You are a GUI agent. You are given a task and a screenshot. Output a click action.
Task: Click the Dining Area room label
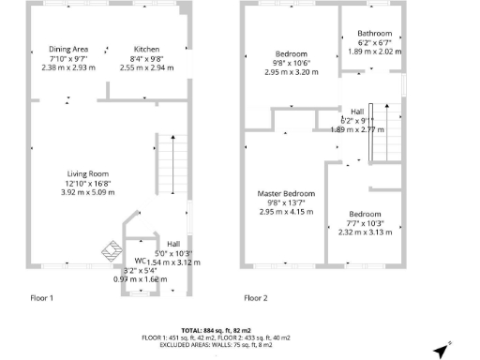pos(68,49)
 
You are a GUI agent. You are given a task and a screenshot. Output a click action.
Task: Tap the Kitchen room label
pos(146,49)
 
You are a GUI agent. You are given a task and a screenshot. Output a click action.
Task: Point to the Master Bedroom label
pos(286,194)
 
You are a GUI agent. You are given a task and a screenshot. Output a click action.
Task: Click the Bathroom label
pos(374,34)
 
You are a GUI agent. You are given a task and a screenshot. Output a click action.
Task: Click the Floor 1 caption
pos(39,298)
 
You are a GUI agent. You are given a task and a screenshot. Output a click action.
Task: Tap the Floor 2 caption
pos(256,298)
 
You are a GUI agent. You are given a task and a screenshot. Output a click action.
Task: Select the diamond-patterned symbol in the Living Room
pos(111,249)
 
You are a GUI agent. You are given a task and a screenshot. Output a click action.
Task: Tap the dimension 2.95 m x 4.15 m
pos(286,212)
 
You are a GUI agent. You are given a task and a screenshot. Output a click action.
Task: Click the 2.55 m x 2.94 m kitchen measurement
pos(146,67)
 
